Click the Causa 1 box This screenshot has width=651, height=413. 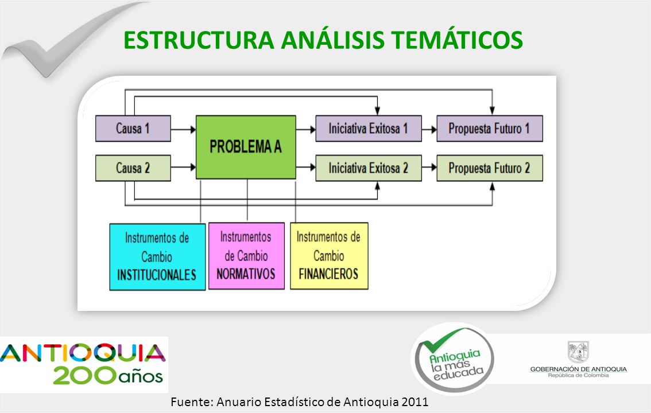(x=133, y=128)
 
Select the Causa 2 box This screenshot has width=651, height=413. (x=133, y=168)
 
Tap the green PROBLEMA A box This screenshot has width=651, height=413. (x=246, y=147)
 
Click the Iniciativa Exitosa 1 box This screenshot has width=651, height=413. (x=369, y=128)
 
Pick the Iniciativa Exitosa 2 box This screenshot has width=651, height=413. (x=369, y=168)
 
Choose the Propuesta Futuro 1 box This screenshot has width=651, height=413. (x=490, y=128)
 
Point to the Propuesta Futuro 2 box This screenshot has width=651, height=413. (x=490, y=168)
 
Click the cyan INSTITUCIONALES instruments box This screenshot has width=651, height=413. (x=157, y=256)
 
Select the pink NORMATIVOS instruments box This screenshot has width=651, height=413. (x=246, y=256)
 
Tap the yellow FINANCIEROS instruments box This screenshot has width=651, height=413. (x=329, y=256)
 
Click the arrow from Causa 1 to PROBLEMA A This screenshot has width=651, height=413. (x=183, y=130)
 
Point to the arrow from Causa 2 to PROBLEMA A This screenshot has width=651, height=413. (x=183, y=167)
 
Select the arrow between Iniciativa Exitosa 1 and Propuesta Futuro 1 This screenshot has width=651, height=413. (x=429, y=130)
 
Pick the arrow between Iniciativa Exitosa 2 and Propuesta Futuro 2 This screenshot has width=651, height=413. (x=429, y=167)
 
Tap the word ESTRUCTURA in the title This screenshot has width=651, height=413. (x=199, y=40)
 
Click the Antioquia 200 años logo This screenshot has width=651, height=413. (x=83, y=364)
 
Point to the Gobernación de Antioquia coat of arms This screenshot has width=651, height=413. (x=578, y=352)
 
